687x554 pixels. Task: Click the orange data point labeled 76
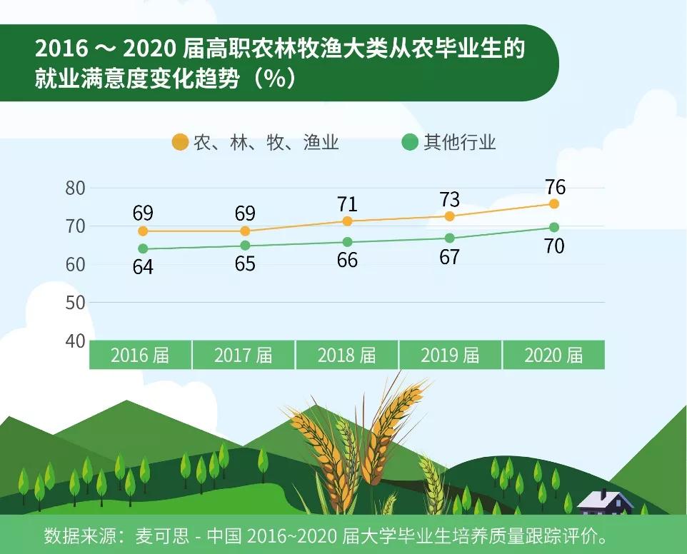[554, 203]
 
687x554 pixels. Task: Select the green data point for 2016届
[143, 248]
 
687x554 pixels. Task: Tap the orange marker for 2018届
[347, 221]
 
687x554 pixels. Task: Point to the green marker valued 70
[554, 227]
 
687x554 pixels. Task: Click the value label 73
[449, 199]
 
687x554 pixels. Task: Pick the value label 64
[143, 267]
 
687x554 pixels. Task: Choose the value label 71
[347, 204]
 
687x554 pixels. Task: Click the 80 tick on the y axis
[75, 188]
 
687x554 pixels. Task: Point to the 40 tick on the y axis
[75, 341]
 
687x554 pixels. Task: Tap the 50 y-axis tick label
[75, 303]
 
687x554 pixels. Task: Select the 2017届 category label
[244, 355]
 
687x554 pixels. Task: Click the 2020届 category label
[553, 355]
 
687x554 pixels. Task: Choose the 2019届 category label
[450, 355]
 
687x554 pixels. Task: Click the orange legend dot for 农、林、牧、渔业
[181, 142]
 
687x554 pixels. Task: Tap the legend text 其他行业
[460, 142]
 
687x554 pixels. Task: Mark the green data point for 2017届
[245, 246]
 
